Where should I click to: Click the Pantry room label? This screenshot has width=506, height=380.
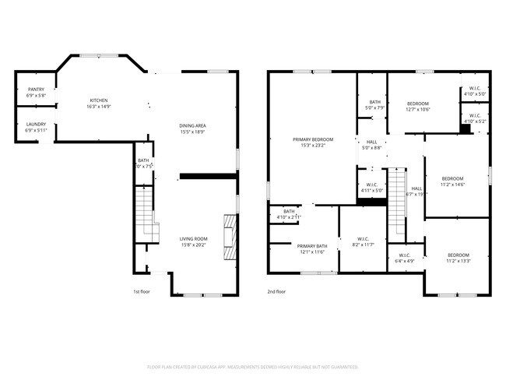click(x=36, y=90)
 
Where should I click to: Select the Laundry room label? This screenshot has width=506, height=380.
click(x=36, y=125)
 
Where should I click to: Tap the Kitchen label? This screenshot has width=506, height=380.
click(x=98, y=100)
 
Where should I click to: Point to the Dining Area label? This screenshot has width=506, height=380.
click(x=192, y=125)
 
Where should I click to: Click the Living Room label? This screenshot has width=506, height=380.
click(x=192, y=238)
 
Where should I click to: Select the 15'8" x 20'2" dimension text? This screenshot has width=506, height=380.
click(x=192, y=245)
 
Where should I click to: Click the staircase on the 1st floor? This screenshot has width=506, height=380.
click(x=146, y=210)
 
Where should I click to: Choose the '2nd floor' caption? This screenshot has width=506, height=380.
click(x=277, y=291)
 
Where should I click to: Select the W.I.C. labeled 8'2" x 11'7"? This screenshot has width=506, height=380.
click(x=363, y=239)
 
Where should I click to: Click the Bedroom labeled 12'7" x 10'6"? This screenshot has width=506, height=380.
click(x=418, y=104)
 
